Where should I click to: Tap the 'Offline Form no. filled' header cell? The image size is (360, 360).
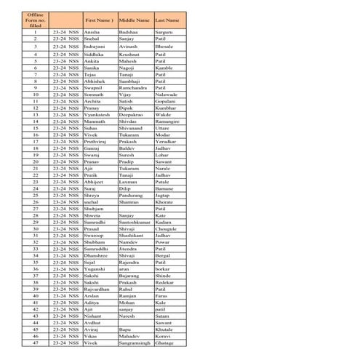pos(35,20)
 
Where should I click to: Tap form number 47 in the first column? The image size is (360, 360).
pos(35,343)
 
